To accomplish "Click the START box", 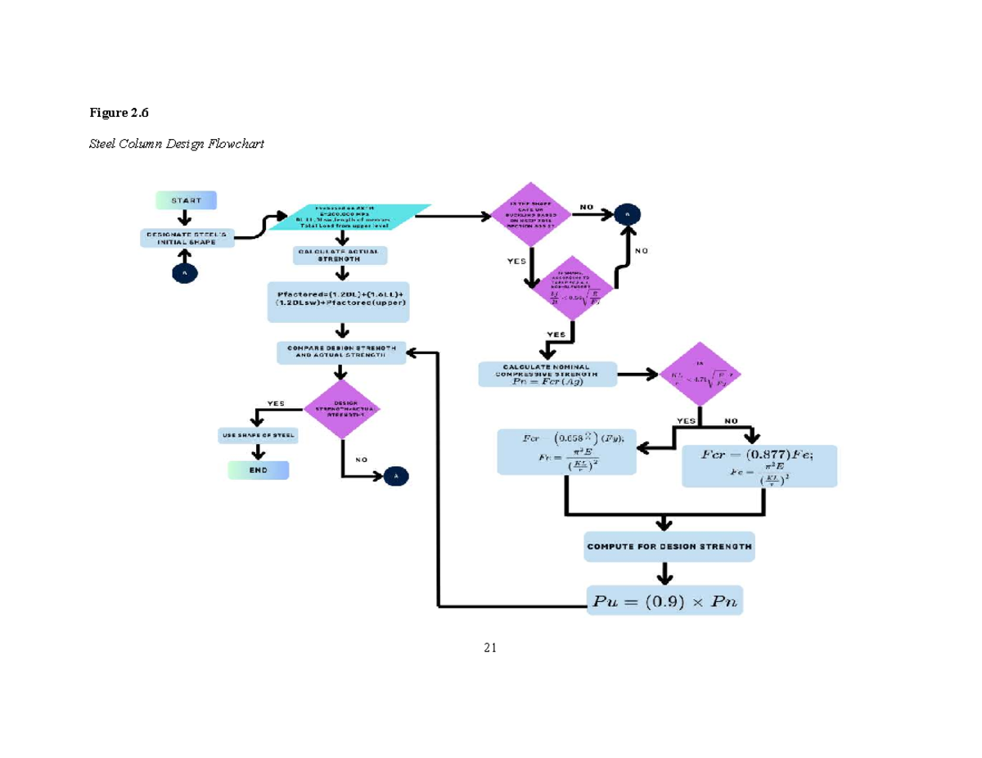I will click(186, 200).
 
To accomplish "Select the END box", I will click(259, 470).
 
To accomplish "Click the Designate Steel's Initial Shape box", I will click(187, 238).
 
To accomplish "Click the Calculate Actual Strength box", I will click(338, 255).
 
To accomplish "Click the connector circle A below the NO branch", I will click(396, 475).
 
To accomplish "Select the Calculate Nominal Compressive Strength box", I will click(547, 374).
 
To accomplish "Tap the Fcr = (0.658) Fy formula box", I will click(567, 451).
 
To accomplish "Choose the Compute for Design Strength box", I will click(669, 546).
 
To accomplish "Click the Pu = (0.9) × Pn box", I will click(664, 601).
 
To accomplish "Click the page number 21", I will click(490, 648).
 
